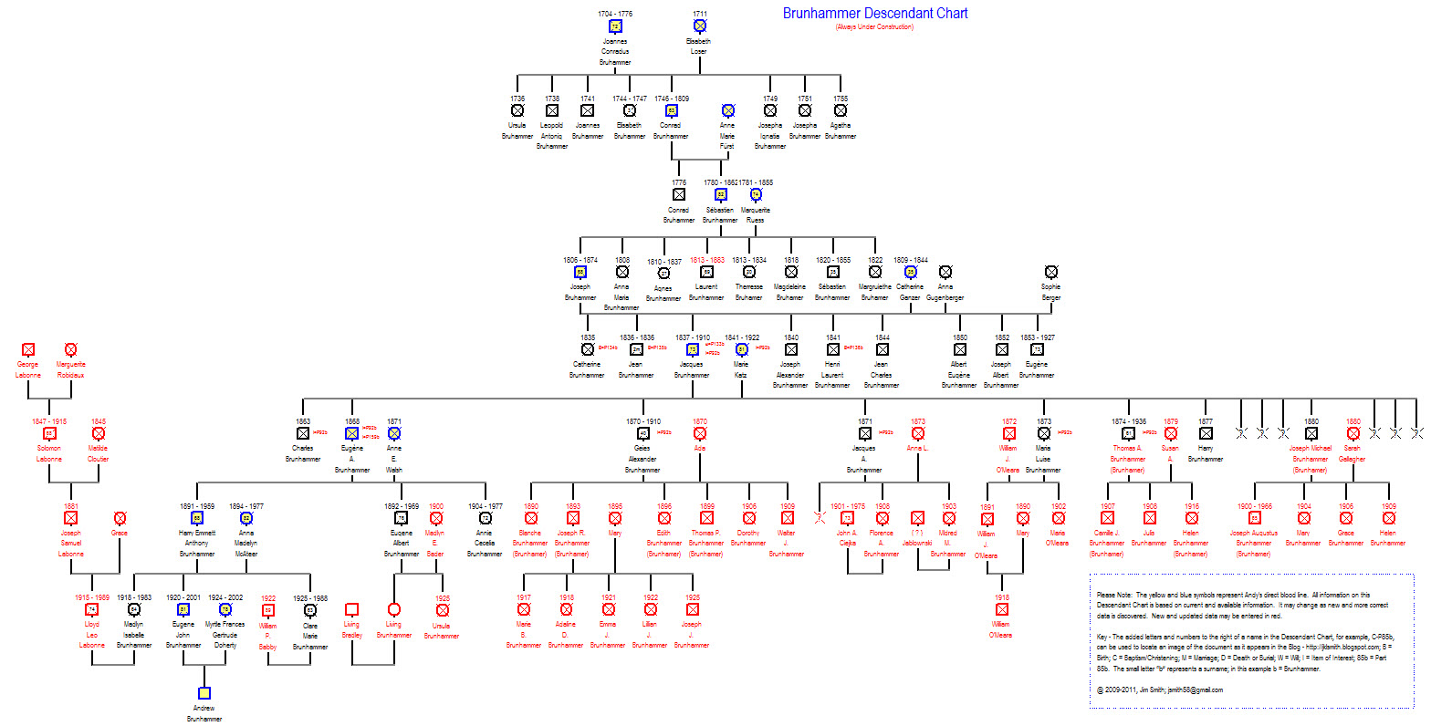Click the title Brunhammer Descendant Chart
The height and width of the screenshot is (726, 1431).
[x=874, y=14]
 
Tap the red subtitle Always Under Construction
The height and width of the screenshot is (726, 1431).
[x=873, y=27]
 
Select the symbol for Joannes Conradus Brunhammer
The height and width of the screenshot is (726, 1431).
[x=615, y=26]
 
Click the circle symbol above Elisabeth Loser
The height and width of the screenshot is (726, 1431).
[x=699, y=26]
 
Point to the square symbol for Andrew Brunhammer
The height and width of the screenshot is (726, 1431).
[x=204, y=693]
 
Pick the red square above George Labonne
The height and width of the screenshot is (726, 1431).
[x=28, y=349]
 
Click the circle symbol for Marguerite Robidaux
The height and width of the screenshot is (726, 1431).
[x=70, y=349]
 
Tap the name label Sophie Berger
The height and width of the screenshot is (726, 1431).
[x=1050, y=292]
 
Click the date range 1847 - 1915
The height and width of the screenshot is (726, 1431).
[x=49, y=421]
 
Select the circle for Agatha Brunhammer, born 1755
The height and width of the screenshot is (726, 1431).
[x=841, y=110]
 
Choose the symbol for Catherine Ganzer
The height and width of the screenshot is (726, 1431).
[x=910, y=272]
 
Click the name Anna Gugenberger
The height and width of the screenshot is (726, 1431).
[x=945, y=292]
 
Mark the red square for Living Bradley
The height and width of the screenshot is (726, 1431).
[x=351, y=609]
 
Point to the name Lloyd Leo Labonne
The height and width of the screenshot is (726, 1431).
[x=91, y=636]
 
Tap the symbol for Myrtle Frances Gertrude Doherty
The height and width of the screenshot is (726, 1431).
[x=225, y=609]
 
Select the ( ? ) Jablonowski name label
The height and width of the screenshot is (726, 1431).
[x=917, y=537]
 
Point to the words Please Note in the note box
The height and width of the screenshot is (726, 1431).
[x=1111, y=595]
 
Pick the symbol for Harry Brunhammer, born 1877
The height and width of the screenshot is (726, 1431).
[x=1206, y=434]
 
